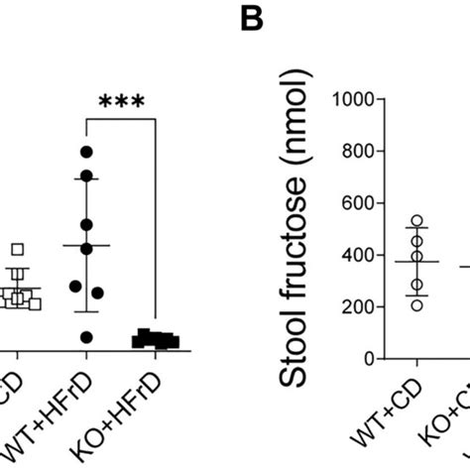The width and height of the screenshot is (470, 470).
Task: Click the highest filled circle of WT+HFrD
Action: (86, 151)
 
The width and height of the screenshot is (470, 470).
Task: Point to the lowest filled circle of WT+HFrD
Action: (86, 337)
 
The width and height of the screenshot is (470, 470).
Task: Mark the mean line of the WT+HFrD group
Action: (86, 245)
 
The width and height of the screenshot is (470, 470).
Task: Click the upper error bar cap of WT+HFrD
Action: (86, 177)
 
